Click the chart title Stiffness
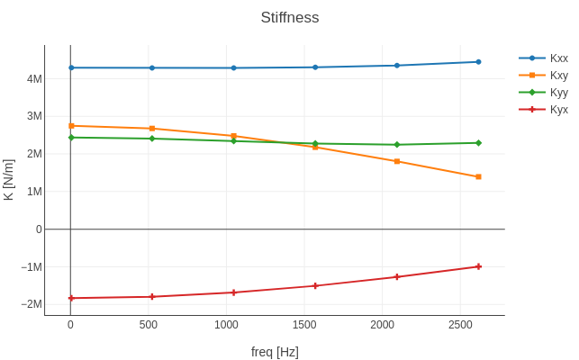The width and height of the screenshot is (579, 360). tap(289, 18)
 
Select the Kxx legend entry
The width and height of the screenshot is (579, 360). tap(558, 58)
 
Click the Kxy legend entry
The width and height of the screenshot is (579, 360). tap(558, 75)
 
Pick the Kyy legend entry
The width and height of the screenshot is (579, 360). tap(558, 92)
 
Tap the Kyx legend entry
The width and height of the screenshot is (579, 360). tap(558, 109)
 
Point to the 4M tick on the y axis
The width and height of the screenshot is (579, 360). tap(34, 79)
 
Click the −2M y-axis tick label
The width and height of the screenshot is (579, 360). tap(32, 304)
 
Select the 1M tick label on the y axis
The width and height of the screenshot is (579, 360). tap(34, 192)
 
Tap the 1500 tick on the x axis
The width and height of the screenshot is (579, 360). tap(304, 324)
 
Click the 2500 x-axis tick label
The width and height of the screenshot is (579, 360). tap(461, 324)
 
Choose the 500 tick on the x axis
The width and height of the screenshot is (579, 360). tap(149, 324)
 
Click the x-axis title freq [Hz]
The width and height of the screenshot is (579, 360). tap(275, 352)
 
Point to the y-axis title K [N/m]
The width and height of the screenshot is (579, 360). tap(9, 180)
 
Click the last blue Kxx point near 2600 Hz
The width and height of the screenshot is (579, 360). tap(478, 62)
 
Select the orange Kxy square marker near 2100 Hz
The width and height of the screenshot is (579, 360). tap(397, 161)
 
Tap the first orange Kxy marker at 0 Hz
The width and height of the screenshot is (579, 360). tap(71, 126)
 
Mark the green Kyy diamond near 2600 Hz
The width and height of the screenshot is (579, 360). tap(478, 143)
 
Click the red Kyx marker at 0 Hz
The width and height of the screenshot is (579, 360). tap(71, 298)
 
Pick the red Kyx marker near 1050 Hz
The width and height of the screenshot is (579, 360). tap(233, 292)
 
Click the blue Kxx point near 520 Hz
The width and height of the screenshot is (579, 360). tap(152, 67)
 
